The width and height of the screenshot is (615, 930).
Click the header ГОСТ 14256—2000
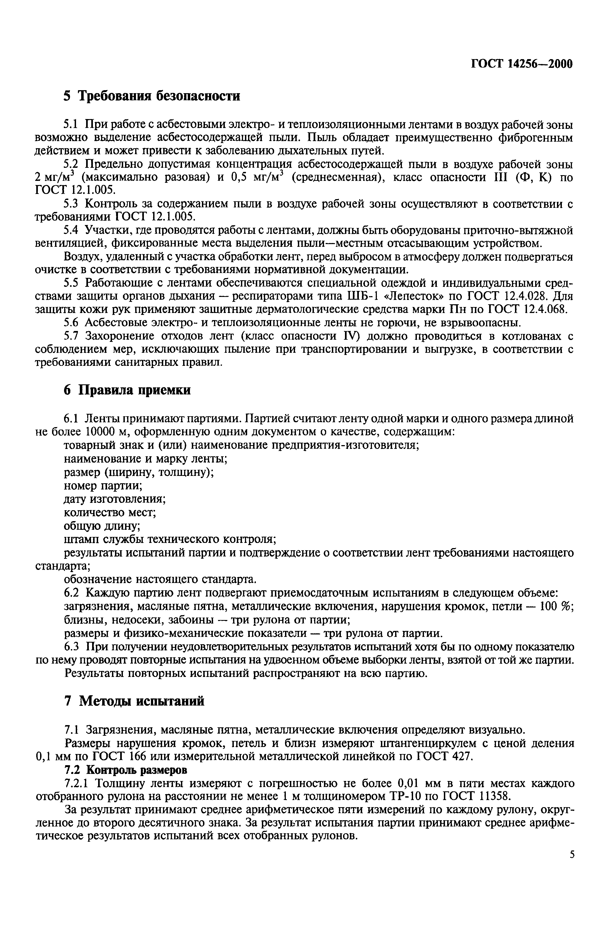[x=522, y=63]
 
